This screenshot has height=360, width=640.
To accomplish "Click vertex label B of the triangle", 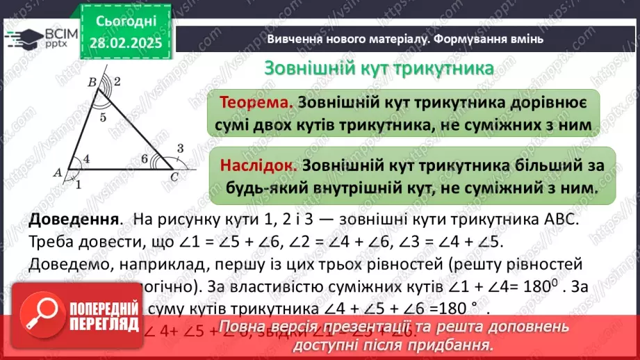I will [x=91, y=82].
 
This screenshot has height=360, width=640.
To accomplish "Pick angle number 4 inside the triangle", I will [x=86, y=159].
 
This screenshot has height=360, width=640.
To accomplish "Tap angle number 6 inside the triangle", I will [x=145, y=159].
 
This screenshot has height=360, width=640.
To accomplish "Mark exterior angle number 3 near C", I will [x=181, y=147].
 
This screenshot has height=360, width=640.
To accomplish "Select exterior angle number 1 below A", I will [x=79, y=184].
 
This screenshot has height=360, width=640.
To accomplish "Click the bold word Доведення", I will [x=72, y=220].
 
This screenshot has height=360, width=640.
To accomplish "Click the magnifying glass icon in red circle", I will [x=48, y=314].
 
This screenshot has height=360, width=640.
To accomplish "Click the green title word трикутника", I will [x=444, y=69].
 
